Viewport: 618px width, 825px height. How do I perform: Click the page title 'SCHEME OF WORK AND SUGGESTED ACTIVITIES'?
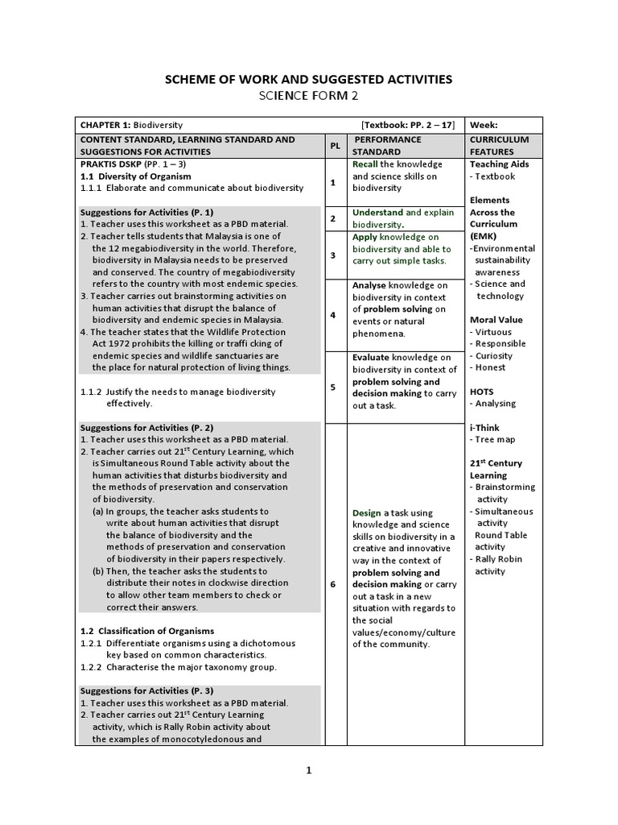[308, 79]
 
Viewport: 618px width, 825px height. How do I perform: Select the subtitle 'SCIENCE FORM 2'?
[308, 97]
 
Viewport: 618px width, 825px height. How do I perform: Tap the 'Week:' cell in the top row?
[485, 125]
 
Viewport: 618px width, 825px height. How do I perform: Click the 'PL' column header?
[334, 146]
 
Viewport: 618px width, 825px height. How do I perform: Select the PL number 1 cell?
[333, 183]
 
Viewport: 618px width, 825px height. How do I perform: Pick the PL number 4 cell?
[333, 315]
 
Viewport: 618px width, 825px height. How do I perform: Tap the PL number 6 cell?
[333, 584]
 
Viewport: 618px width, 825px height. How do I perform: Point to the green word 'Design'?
[367, 513]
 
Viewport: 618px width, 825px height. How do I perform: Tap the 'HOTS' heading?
[482, 392]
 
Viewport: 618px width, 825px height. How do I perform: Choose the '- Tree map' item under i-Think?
[492, 439]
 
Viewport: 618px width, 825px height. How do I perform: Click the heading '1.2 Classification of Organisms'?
[147, 631]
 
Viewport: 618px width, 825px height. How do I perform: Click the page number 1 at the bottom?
[308, 770]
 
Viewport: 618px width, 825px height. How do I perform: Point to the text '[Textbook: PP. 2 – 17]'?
[408, 125]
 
